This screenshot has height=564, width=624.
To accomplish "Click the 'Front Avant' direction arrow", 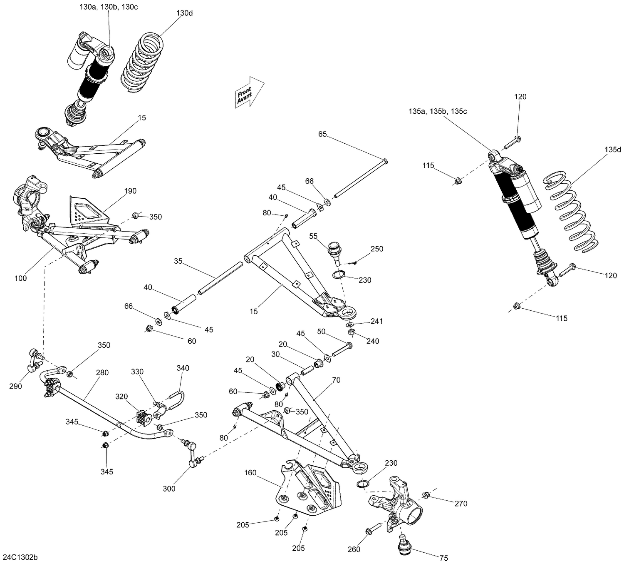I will click(249, 93).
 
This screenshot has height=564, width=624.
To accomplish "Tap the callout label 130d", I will click(184, 13).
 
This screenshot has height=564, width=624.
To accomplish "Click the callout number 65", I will click(322, 134).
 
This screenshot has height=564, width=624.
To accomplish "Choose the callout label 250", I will click(376, 249).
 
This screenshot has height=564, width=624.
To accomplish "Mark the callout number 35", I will click(178, 261).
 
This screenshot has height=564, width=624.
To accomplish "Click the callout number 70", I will click(336, 380).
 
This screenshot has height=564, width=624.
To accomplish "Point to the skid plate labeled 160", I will click(308, 489).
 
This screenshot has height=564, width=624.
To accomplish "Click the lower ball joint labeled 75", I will click(403, 545).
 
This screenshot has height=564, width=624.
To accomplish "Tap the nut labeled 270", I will click(426, 495).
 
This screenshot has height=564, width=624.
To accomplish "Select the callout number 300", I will click(169, 489).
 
